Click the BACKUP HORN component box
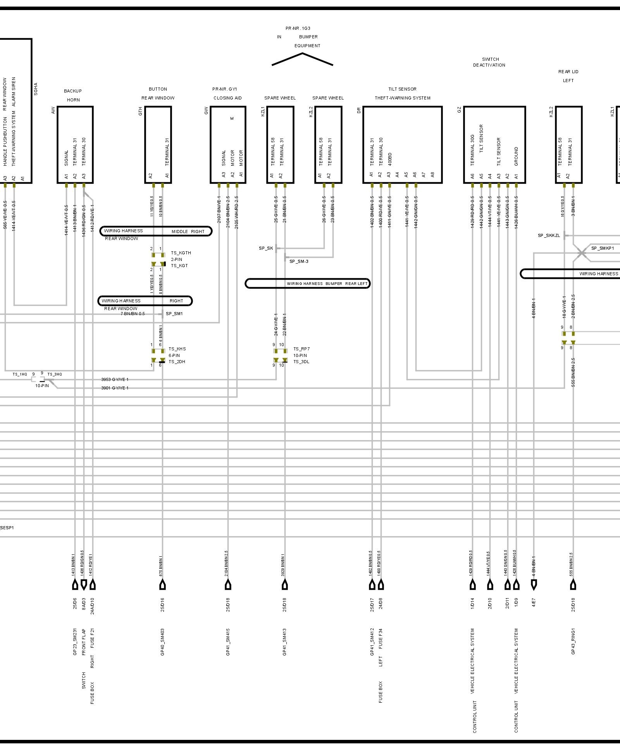75,144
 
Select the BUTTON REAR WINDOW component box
158,144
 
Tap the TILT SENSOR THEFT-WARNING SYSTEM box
402,144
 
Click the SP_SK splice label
266,248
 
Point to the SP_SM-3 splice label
299,261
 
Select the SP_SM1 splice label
174,314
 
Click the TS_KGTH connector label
181,253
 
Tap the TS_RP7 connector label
301,349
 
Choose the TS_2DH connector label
177,362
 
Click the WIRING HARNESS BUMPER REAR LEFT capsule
308,283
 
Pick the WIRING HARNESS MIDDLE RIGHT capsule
156,231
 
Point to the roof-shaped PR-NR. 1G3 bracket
302,59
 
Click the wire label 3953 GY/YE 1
115,379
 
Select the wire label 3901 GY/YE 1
115,388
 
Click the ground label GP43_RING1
573,642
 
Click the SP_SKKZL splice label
549,235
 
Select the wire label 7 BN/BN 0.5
133,314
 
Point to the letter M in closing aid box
232,118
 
